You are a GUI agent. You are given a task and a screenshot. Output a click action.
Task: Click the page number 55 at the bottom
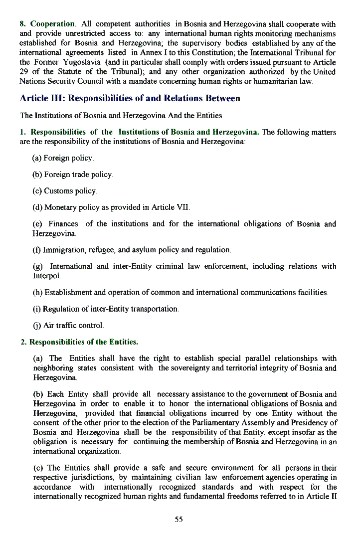click(179, 519)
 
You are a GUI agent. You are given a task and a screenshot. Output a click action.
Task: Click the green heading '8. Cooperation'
click(47, 24)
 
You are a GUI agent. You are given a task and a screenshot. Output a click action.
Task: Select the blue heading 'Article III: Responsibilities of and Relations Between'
click(130, 98)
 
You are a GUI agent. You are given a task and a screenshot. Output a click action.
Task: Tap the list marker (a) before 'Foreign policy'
click(37, 158)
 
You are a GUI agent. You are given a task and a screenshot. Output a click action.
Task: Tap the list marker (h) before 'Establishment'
click(37, 292)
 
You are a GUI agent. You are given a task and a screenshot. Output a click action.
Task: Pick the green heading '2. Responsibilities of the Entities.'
click(79, 342)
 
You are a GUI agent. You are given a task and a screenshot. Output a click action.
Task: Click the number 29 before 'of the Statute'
click(24, 72)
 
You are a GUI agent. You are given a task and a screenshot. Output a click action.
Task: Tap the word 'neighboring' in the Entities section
click(53, 368)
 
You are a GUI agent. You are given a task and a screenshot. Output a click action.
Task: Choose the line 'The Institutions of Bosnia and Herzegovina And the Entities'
click(121, 116)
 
